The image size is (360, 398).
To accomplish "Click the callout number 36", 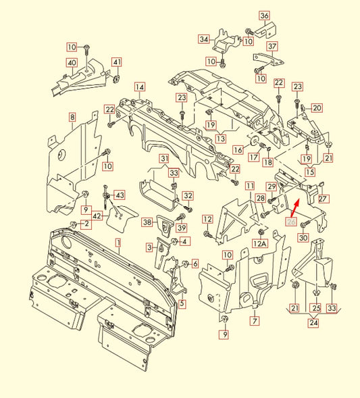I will (264, 16).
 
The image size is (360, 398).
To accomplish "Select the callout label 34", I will (203, 40).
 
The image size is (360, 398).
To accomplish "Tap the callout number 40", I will (71, 63).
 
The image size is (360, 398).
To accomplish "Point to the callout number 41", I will (117, 63).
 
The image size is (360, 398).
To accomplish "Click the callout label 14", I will (139, 86).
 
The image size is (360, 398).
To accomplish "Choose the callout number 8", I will (72, 118).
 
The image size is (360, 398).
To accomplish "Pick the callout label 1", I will (118, 241).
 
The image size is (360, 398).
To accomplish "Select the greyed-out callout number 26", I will (291, 221).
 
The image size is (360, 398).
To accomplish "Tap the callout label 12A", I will (260, 243).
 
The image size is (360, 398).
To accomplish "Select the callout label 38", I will (147, 222).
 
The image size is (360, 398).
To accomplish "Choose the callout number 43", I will (119, 195).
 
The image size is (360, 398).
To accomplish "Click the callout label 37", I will (272, 47).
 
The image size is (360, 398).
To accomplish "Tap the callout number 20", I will (317, 107).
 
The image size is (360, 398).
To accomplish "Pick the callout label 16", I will (238, 149).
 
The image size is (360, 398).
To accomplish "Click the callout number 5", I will (182, 303).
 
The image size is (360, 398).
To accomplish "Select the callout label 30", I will (303, 237).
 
